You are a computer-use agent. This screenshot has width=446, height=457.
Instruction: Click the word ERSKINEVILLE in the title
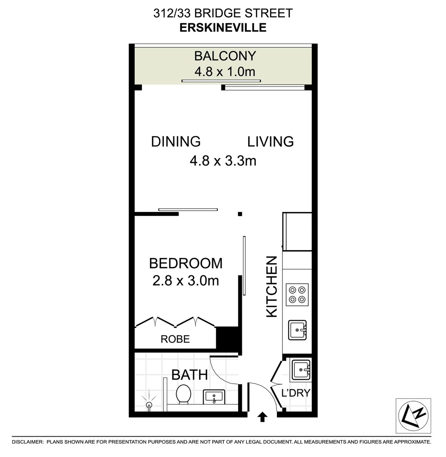click(x=223, y=28)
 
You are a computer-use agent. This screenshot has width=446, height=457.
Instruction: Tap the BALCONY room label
click(x=225, y=56)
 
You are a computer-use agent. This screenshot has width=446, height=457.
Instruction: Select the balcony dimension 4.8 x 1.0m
click(x=225, y=71)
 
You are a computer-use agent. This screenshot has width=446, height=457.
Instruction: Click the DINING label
click(x=176, y=141)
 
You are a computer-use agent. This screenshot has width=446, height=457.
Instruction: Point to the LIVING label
click(x=271, y=141)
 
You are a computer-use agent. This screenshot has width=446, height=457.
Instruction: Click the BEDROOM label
click(x=186, y=263)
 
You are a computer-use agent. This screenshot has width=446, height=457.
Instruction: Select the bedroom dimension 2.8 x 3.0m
click(x=186, y=280)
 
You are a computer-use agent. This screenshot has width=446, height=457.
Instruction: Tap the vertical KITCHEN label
click(x=271, y=286)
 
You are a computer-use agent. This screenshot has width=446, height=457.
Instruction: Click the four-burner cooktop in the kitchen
click(x=297, y=295)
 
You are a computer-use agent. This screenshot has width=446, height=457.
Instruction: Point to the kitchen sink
click(x=298, y=330)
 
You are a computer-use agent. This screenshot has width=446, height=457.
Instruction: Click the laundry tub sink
click(x=300, y=369)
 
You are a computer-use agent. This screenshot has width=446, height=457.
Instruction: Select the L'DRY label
click(x=296, y=393)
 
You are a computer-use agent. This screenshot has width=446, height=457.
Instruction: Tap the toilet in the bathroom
click(x=183, y=394)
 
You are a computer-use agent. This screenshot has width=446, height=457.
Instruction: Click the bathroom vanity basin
click(x=213, y=396)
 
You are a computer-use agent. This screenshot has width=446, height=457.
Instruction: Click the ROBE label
click(x=175, y=339)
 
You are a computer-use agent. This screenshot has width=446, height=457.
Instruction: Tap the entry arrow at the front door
click(x=263, y=417)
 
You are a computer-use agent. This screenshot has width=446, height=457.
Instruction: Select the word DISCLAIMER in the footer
click(x=28, y=442)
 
